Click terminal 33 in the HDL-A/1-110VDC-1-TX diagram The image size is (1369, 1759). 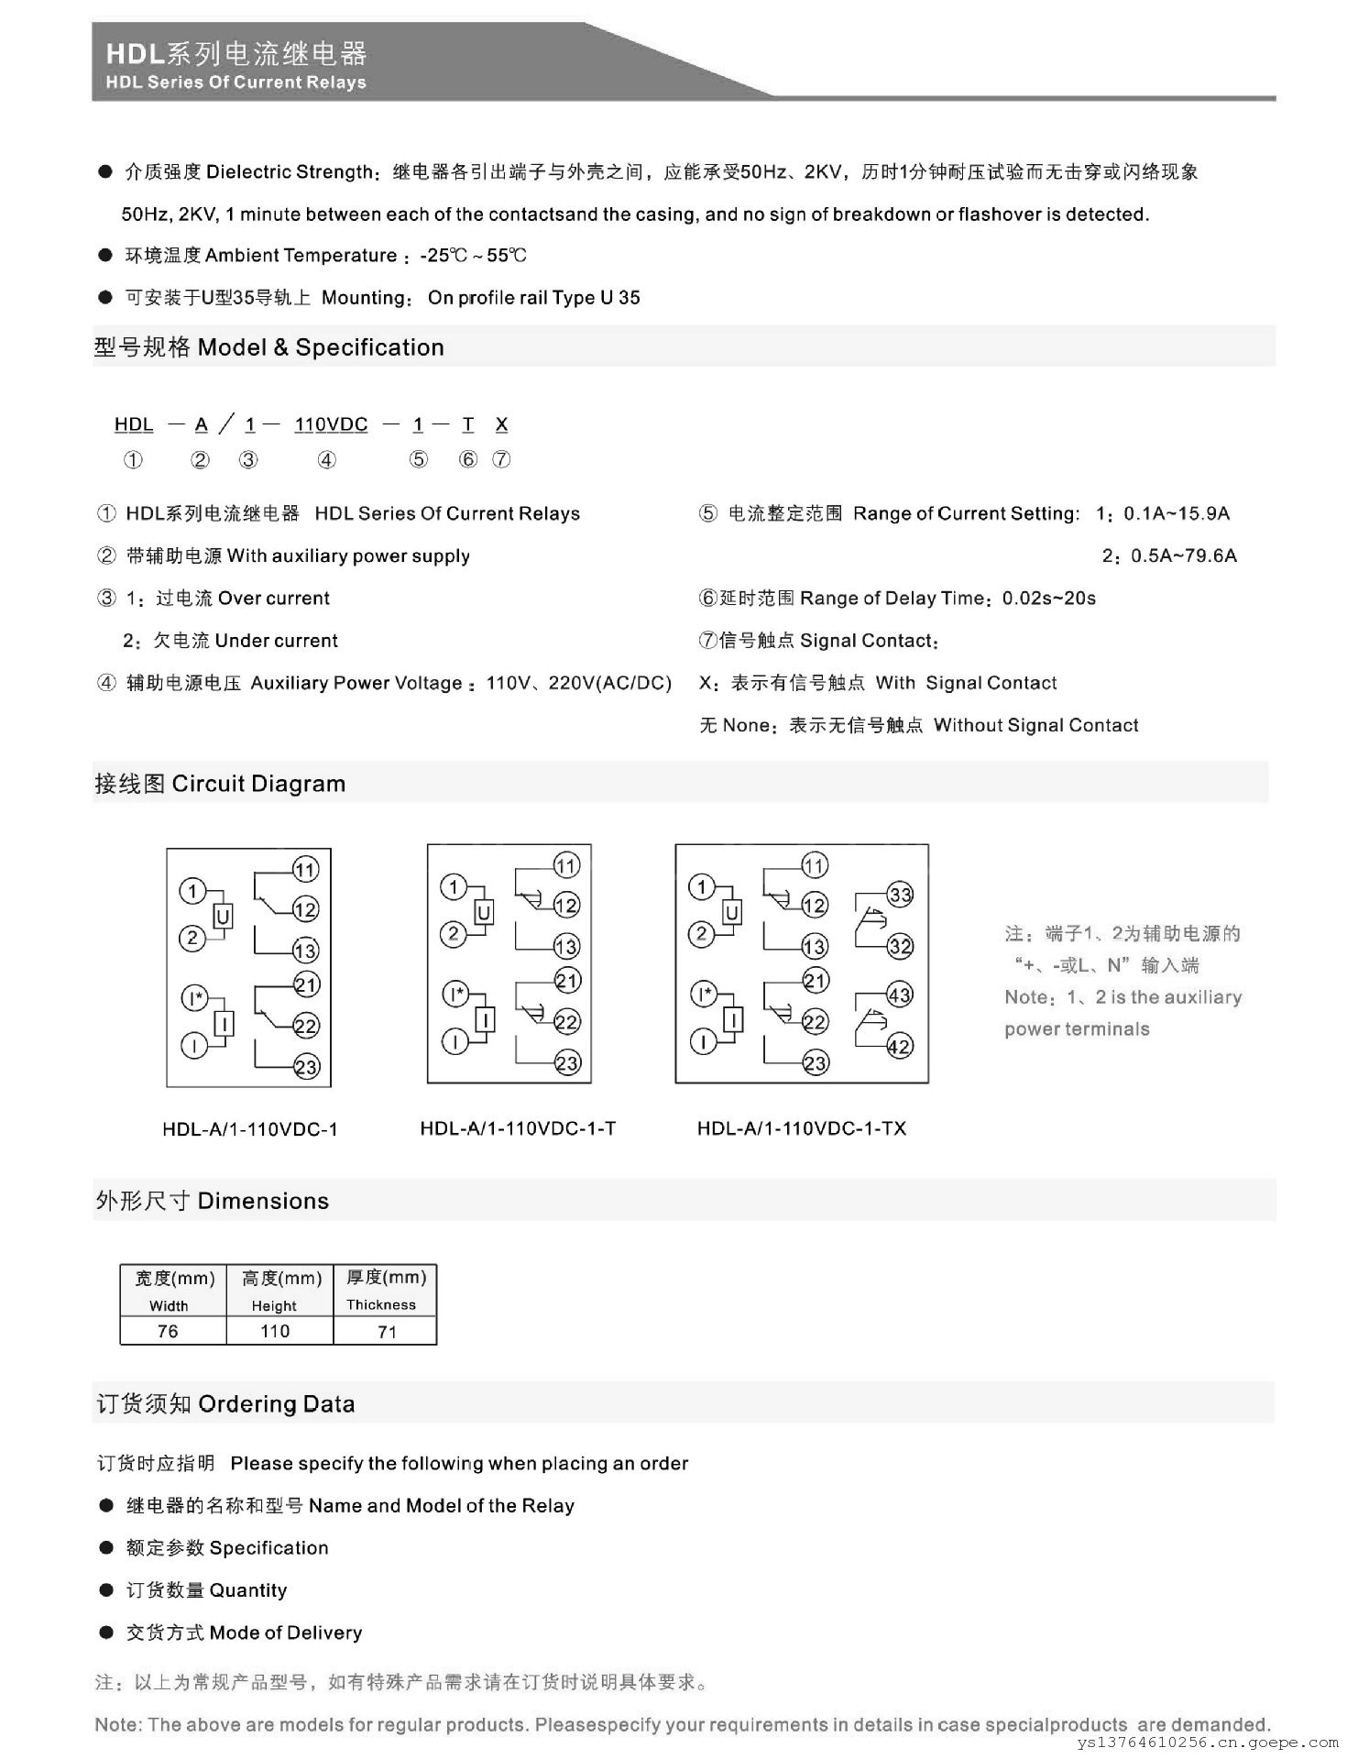coord(900,895)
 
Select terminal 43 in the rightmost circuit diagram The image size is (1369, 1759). coord(900,995)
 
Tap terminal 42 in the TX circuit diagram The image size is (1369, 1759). coord(900,1046)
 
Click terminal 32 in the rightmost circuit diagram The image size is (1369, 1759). coord(900,946)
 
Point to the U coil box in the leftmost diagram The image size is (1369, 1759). coord(223,916)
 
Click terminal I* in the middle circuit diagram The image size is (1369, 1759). coord(455,994)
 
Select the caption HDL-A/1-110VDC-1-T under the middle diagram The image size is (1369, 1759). coord(518,1128)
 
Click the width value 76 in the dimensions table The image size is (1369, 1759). coord(168,1331)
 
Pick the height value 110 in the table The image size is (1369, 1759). coord(275,1331)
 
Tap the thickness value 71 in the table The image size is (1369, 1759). coord(387,1331)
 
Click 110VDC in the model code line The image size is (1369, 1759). coord(331,424)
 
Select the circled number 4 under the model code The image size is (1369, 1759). coord(326,460)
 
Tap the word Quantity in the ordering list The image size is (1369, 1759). coord(247,1590)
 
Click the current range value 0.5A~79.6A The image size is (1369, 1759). coord(1183,555)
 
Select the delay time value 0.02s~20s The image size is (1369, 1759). coord(1048,599)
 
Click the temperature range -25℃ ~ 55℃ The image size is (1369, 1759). coord(473,256)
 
